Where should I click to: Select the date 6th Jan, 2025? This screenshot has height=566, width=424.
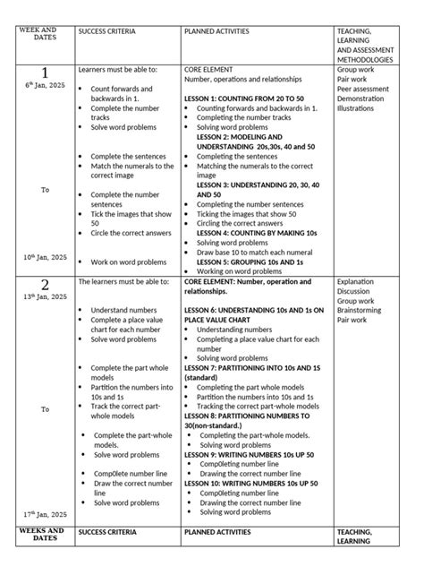(45, 85)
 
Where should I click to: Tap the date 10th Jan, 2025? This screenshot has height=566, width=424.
(46, 257)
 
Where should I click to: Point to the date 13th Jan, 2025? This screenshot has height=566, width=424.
(46, 296)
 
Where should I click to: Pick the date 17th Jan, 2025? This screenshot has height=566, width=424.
(46, 515)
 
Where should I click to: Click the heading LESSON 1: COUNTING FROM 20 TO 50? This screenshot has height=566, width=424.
(244, 99)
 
